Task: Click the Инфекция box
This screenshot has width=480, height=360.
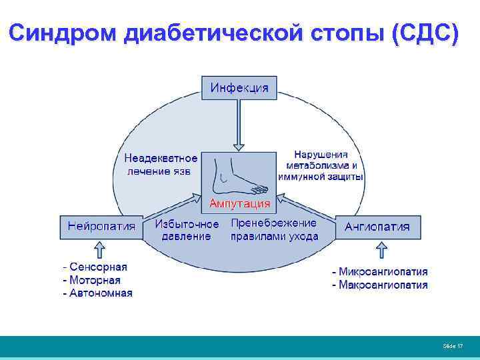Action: click(x=239, y=88)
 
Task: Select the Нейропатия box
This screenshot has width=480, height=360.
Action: click(x=101, y=227)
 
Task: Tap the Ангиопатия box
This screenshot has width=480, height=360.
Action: click(x=377, y=227)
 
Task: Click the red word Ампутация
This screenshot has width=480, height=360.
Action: click(x=240, y=203)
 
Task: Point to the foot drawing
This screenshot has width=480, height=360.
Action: click(x=240, y=175)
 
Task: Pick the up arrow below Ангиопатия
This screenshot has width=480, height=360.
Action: click(x=381, y=250)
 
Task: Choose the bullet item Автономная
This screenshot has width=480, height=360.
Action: click(x=101, y=293)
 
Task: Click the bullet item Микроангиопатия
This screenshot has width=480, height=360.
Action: click(x=380, y=272)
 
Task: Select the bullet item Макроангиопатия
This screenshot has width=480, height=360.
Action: click(x=380, y=285)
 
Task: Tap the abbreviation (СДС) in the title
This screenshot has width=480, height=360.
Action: click(x=425, y=33)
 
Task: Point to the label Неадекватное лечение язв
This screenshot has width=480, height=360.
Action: click(x=161, y=165)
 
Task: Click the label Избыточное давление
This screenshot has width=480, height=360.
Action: click(x=187, y=230)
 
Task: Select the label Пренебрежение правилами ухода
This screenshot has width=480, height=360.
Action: click(x=274, y=229)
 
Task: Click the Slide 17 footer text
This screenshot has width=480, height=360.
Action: click(x=453, y=346)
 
